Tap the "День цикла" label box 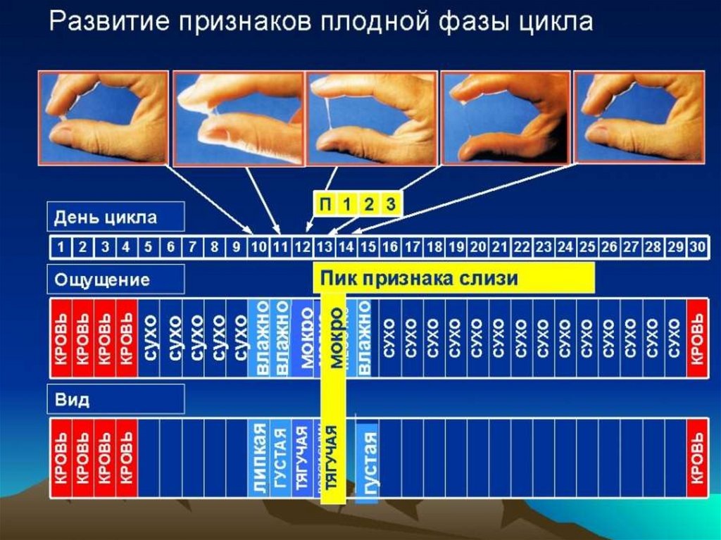tap(116, 217)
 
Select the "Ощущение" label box tap(116, 280)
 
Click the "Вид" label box tap(116, 399)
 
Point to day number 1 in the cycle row tap(61, 247)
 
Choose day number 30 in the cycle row tap(698, 247)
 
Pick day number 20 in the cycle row tap(479, 247)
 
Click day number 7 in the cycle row tap(192, 247)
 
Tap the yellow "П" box tap(325, 205)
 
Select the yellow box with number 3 tap(391, 205)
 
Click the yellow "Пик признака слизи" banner tap(454, 278)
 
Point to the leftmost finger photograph tap(104, 117)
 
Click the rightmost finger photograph tap(639, 117)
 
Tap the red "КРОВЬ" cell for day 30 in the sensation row tap(698, 338)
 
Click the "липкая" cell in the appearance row tap(258, 459)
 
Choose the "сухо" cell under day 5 tap(149, 338)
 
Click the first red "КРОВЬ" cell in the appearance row tap(61, 458)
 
